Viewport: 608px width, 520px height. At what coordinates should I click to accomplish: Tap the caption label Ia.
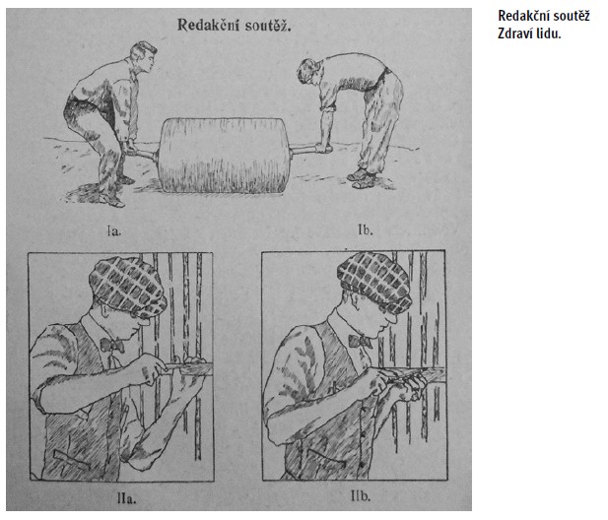click(114, 231)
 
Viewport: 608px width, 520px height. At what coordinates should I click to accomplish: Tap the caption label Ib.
click(365, 229)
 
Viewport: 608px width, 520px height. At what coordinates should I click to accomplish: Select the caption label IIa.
click(126, 498)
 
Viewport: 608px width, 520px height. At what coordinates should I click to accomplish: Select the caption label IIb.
click(361, 496)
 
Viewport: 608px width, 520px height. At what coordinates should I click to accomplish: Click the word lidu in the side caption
click(550, 33)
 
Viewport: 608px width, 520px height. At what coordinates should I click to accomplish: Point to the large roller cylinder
click(225, 156)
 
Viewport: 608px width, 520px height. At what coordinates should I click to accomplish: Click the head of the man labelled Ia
click(144, 57)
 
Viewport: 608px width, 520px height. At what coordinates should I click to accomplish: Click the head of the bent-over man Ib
click(309, 71)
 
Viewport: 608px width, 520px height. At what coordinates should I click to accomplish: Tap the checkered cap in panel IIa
click(127, 287)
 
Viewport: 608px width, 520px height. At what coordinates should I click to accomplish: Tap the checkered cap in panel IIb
click(374, 282)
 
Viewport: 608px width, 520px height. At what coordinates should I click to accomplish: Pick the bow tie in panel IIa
click(112, 345)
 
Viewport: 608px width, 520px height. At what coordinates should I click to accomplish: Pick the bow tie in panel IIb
click(359, 341)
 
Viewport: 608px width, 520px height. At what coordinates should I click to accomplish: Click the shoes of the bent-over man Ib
click(363, 178)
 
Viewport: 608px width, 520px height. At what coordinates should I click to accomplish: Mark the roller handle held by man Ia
click(142, 152)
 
